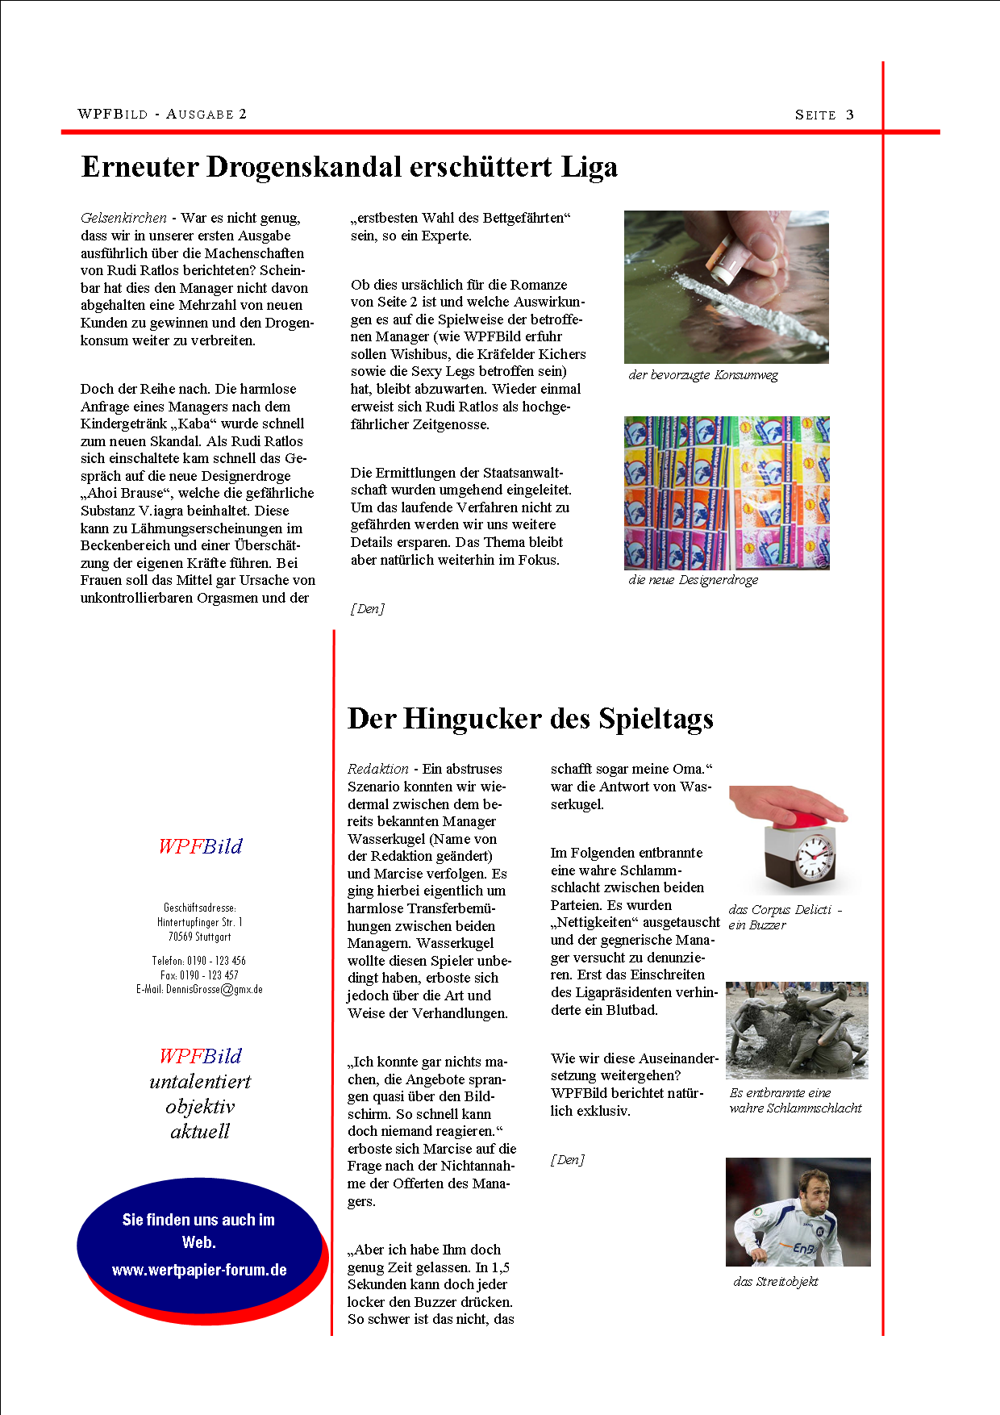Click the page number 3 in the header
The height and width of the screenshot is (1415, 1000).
point(850,115)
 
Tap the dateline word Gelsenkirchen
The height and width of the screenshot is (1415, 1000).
point(123,218)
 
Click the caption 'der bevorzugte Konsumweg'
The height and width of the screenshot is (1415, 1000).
point(703,375)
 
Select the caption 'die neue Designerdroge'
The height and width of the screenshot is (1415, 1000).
point(693,579)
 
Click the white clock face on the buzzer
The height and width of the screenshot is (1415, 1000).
point(815,856)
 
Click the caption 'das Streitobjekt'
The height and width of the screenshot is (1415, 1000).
point(776,1281)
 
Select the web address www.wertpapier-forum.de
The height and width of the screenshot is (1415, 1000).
point(199,1270)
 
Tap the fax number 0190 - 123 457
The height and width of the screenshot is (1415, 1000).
point(199,975)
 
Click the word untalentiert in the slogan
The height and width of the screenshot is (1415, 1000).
point(200,1081)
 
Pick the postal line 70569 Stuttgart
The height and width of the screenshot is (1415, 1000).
point(199,937)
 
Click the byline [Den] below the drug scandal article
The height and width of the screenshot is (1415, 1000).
point(368,608)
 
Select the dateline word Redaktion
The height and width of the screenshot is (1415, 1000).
point(377,769)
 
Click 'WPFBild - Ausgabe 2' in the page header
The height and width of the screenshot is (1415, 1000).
point(162,114)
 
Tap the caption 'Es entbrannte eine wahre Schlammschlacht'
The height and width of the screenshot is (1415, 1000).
point(795,1100)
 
